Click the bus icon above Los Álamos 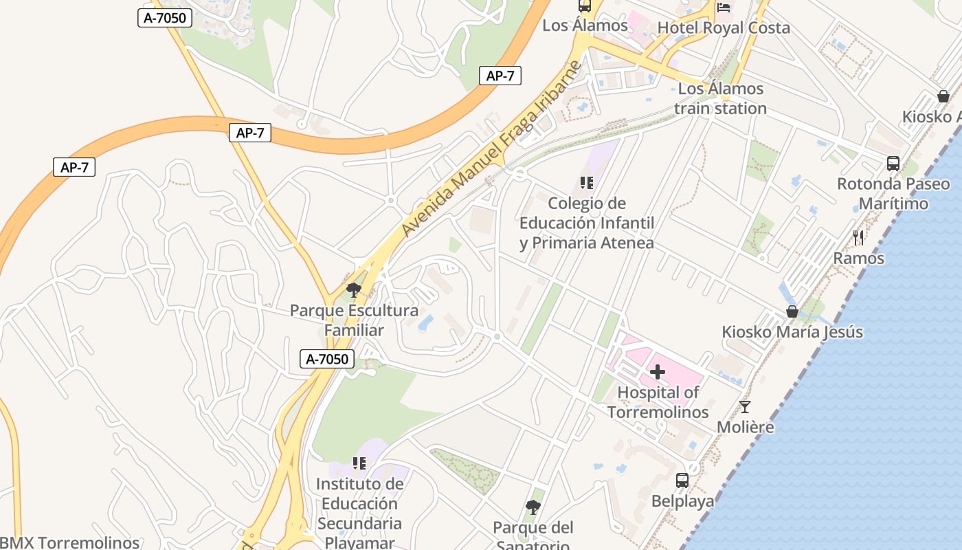585,6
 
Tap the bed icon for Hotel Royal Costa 724,8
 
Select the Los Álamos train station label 720,98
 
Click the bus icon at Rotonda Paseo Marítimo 893,164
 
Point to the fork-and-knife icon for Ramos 858,238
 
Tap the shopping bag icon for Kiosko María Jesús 792,311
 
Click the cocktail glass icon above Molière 745,406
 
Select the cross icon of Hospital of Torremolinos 658,372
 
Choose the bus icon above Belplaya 682,481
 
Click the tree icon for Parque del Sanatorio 533,507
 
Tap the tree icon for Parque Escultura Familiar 354,289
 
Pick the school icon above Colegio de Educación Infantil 586,182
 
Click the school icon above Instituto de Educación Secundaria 359,463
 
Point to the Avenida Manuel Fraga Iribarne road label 491,149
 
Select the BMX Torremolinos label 69,542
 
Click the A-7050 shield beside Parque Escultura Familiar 327,358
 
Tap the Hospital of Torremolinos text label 658,402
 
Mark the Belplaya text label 682,501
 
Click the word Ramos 858,258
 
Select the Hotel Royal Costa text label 724,28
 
